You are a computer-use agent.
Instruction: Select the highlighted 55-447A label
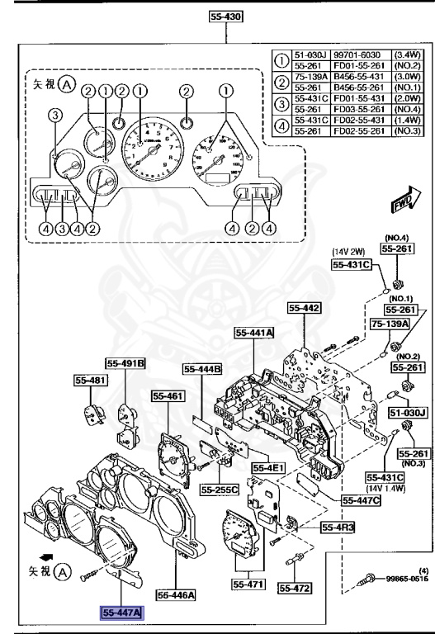(x=122, y=613)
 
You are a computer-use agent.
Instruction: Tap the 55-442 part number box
(x=304, y=308)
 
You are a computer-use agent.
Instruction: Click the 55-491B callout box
(x=125, y=362)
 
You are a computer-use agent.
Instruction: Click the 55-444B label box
(x=203, y=369)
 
